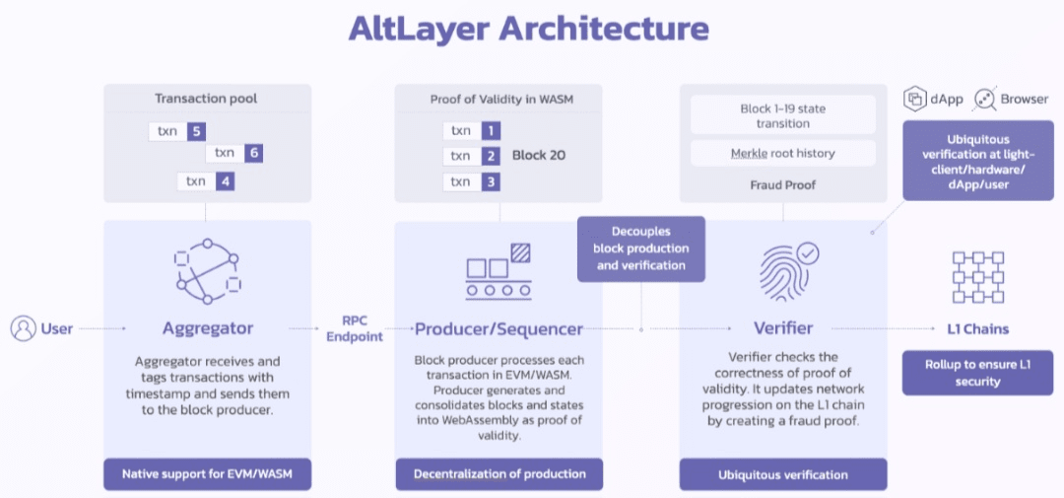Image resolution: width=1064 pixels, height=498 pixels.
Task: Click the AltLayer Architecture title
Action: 528,28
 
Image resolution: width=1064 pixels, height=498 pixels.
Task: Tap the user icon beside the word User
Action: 23,328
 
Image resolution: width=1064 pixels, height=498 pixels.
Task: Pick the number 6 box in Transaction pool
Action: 253,153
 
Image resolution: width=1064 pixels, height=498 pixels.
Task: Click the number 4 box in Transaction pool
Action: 225,180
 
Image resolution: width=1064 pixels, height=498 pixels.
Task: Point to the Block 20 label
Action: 538,155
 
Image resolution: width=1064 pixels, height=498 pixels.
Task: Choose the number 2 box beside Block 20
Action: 490,156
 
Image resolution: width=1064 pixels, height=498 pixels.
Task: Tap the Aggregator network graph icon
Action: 207,270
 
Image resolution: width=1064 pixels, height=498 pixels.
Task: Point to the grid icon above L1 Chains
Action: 977,276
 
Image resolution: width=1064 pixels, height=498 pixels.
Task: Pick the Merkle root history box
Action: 782,153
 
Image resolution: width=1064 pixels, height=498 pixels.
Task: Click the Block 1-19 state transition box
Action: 782,115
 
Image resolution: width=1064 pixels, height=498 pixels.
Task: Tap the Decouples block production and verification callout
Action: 640,249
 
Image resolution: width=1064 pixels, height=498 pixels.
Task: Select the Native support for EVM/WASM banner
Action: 207,474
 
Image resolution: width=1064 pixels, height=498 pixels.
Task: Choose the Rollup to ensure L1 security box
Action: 977,373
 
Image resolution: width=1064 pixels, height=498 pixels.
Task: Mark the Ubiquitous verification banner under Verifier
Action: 782,474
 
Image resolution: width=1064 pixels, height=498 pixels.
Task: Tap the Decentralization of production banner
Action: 499,474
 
